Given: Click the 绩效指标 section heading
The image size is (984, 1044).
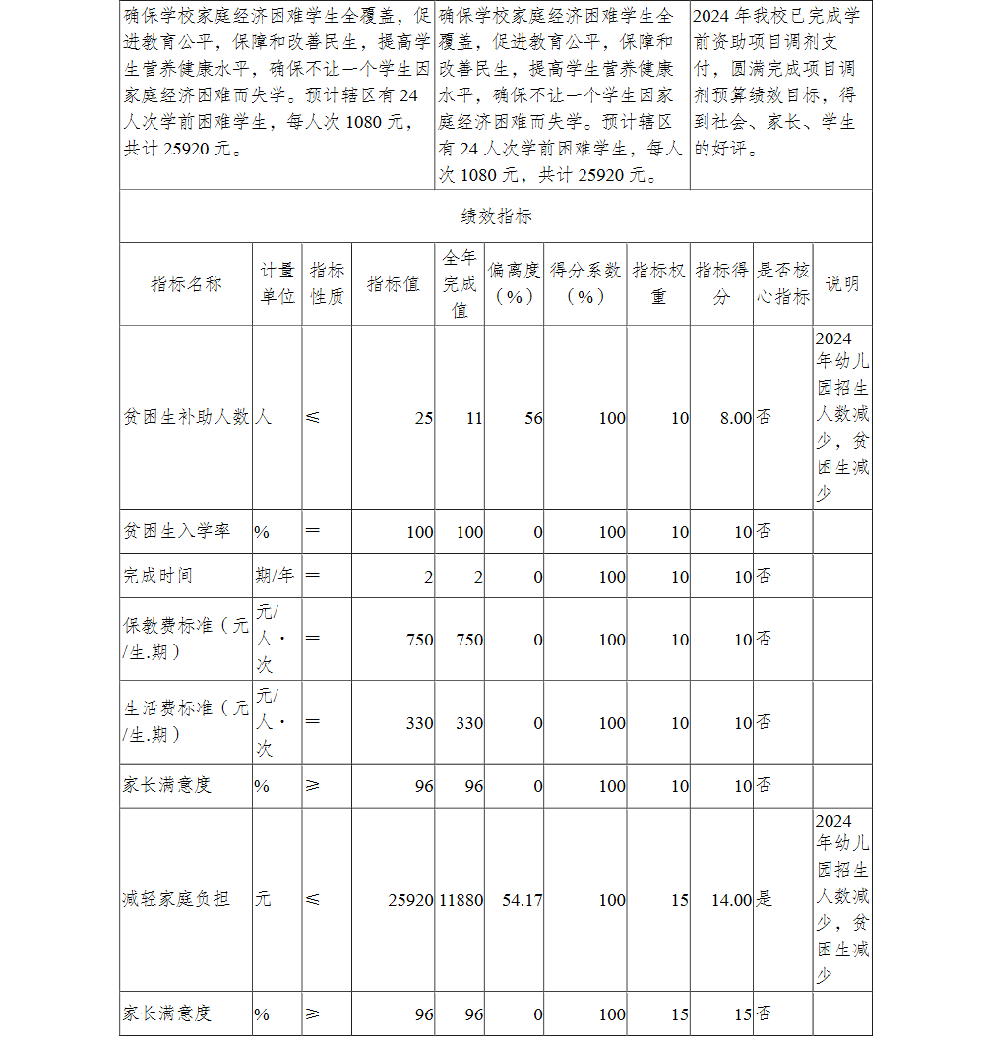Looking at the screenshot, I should coord(496,216).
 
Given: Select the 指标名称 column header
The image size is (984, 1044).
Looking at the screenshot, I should coord(186,284).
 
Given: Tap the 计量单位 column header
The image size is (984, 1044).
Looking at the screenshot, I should coord(277,283).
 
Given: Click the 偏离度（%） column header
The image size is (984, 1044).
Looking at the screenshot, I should coord(514,283).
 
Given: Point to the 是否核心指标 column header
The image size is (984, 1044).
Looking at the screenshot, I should coord(782,283).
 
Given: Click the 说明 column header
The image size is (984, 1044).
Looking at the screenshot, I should coord(841,284).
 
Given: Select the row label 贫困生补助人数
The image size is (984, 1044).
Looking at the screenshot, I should coord(186,417).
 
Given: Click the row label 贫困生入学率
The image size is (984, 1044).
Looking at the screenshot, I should coord(176,531).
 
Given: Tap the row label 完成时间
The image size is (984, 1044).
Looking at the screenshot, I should coord(157,576).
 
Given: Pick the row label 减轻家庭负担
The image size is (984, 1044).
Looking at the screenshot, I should coord(176,899).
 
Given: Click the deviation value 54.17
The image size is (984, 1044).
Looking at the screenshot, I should coord(522,900).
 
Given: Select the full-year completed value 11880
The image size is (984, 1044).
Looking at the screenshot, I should coord(461,900).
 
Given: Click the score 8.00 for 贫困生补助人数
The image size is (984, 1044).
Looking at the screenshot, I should coord(735,418).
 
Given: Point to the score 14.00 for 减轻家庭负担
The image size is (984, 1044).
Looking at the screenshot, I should coord(731,900).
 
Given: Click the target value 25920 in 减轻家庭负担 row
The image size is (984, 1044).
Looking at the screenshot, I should coord(410,900).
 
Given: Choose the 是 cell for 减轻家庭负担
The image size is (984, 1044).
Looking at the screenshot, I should coord(764,899).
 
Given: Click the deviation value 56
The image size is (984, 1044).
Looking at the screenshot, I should coord(532,418).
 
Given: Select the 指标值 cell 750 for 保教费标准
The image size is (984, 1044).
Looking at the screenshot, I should coord(419,640).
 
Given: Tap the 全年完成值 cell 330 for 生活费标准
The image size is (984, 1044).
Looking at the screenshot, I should coord(468,723).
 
